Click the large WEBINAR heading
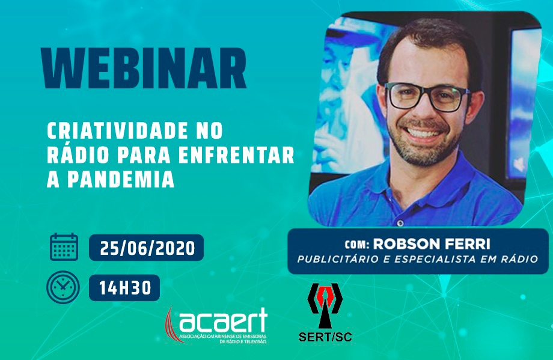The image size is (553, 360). (144, 68)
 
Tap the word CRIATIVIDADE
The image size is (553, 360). (117, 131)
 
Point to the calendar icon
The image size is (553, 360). (64, 247)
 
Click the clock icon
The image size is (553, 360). (63, 287)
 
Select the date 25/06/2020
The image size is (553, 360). (147, 249)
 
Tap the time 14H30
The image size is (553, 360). (125, 288)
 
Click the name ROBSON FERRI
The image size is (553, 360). (432, 243)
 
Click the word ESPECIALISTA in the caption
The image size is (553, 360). (435, 260)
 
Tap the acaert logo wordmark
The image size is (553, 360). (223, 320)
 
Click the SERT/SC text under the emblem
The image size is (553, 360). (325, 337)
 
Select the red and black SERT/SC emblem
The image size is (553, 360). (325, 305)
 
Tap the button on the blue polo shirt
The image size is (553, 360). (400, 223)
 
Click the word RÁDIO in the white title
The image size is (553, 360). (77, 154)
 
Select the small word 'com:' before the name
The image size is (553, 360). (357, 245)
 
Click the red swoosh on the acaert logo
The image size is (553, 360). (171, 323)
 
